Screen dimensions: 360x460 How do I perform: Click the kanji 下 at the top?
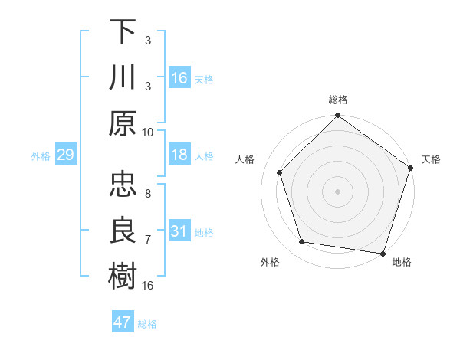pyautogui.click(x=123, y=31)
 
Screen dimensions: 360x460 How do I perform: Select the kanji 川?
pyautogui.click(x=123, y=77)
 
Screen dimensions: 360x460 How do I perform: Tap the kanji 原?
pyautogui.click(x=123, y=123)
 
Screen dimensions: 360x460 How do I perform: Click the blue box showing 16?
pyautogui.click(x=179, y=78)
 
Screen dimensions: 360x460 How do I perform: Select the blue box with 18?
pyautogui.click(x=179, y=155)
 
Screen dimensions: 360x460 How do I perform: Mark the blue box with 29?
pyautogui.click(x=65, y=155)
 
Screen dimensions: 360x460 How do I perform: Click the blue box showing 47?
pyautogui.click(x=123, y=322)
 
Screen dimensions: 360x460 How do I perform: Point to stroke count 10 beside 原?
pyautogui.click(x=148, y=132)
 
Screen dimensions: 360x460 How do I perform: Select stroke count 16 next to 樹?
pyautogui.click(x=148, y=285)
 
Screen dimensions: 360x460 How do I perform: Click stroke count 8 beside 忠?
pyautogui.click(x=148, y=185)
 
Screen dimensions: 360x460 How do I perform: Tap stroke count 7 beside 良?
pyautogui.click(x=148, y=239)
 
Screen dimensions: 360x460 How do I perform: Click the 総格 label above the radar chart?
pyautogui.click(x=338, y=100)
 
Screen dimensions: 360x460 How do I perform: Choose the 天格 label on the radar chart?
pyautogui.click(x=431, y=160)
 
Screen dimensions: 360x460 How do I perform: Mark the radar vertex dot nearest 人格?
pyautogui.click(x=280, y=172)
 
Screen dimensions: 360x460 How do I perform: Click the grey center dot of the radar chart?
pyautogui.click(x=338, y=191)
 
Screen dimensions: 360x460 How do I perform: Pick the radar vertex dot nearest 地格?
pyautogui.click(x=383, y=253)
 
